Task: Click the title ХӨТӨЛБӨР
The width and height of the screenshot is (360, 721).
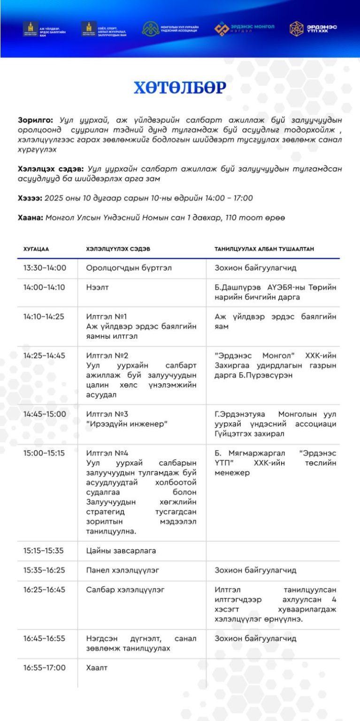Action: point(180,88)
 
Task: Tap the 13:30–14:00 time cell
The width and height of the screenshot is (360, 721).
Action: point(45,268)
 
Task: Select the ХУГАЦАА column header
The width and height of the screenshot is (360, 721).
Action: point(36,249)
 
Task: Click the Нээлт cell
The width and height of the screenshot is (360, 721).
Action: point(97,287)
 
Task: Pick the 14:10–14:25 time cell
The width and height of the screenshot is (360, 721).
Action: point(44,316)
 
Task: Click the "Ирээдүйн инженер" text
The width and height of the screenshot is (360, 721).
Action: point(127,424)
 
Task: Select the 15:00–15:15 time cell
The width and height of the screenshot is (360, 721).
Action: point(44,453)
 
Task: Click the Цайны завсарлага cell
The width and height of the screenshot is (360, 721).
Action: point(121,551)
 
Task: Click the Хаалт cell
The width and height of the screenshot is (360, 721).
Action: point(97,667)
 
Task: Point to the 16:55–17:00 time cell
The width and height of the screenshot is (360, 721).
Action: point(45,667)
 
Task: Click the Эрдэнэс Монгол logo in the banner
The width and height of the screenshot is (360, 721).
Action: point(245,29)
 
